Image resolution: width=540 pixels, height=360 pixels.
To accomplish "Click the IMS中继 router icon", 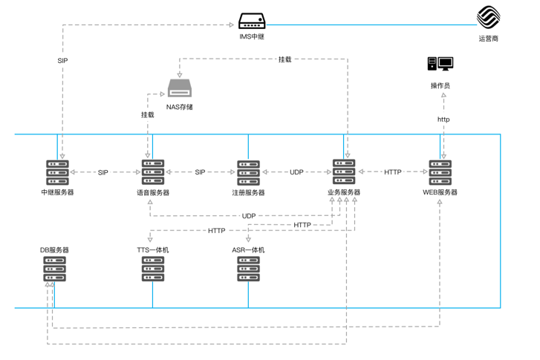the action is tap(252, 21).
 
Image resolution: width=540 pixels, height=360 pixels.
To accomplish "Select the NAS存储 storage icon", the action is tap(180, 88).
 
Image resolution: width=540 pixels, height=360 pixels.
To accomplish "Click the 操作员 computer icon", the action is tap(440, 64).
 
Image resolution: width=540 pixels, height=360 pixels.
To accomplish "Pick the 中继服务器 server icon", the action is tap(57, 172).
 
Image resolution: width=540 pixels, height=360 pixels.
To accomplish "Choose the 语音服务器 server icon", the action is tap(153, 172).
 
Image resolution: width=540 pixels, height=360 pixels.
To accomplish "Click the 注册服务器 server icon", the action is tap(248, 173).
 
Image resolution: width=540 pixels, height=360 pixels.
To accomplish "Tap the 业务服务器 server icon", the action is tap(344, 171).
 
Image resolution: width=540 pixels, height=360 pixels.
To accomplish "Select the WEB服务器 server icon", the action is tap(440, 172).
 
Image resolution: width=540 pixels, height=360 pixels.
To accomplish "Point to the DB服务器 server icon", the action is tap(55, 269).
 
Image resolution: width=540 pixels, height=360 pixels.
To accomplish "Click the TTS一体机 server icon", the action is tap(153, 269).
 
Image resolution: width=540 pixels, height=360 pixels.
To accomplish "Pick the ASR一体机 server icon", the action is tap(248, 269).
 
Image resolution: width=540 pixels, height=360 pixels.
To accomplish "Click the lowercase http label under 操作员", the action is tap(443, 120).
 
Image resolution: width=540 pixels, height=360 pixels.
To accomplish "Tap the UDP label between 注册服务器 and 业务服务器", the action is tap(296, 172).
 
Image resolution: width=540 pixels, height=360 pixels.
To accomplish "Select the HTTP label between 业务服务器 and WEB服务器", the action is tap(393, 172).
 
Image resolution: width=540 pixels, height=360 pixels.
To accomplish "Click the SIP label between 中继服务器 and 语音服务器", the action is tap(103, 172).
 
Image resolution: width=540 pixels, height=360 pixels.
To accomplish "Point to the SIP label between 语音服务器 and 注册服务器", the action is tap(200, 172).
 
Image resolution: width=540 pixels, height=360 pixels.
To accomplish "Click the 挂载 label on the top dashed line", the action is tap(284, 59).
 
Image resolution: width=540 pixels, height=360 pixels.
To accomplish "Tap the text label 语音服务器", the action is tap(153, 192).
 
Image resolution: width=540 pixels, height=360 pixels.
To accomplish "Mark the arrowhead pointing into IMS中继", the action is tap(232, 24).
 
